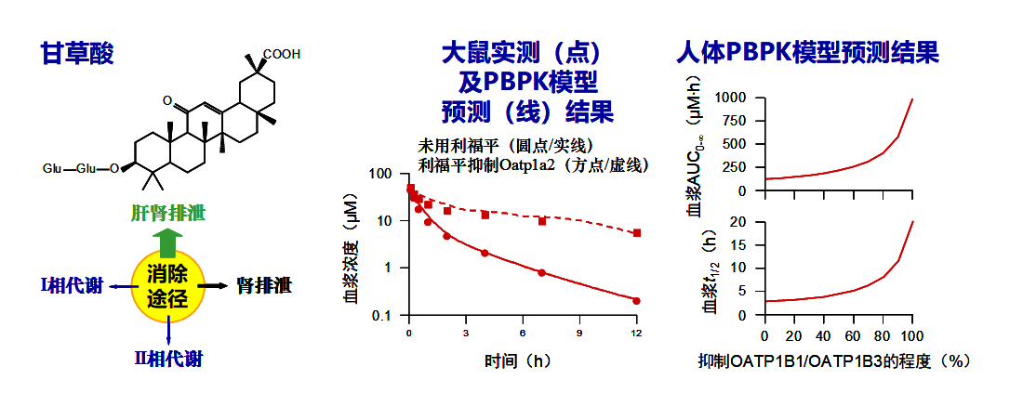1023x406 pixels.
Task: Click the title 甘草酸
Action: tap(76, 53)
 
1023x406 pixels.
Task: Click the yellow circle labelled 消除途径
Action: tap(167, 286)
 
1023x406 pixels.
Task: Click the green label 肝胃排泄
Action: tap(167, 213)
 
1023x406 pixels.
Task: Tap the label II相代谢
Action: tap(167, 358)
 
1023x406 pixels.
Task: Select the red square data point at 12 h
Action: tap(636, 233)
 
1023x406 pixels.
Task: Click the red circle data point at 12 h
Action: tap(636, 300)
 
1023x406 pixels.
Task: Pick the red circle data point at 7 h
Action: tap(541, 272)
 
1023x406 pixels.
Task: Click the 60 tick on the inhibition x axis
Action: tap(852, 334)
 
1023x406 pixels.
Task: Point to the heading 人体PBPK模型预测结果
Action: tap(807, 53)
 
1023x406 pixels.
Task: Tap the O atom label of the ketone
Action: tap(166, 99)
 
